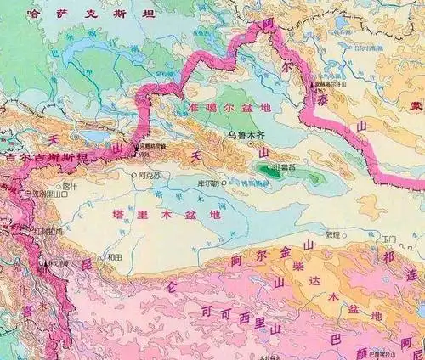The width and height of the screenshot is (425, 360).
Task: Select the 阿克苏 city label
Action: click(150, 177)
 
